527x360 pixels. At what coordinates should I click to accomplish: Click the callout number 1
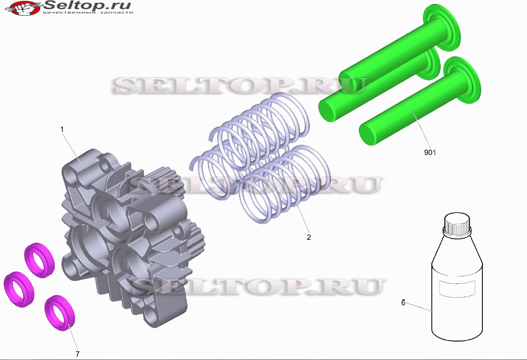[62, 129]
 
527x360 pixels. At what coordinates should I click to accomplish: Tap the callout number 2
[309, 237]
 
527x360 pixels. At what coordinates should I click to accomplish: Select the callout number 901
[430, 152]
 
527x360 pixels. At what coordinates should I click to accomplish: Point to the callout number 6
[403, 302]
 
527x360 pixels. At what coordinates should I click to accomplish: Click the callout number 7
[77, 354]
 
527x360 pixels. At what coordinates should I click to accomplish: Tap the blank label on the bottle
[457, 289]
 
